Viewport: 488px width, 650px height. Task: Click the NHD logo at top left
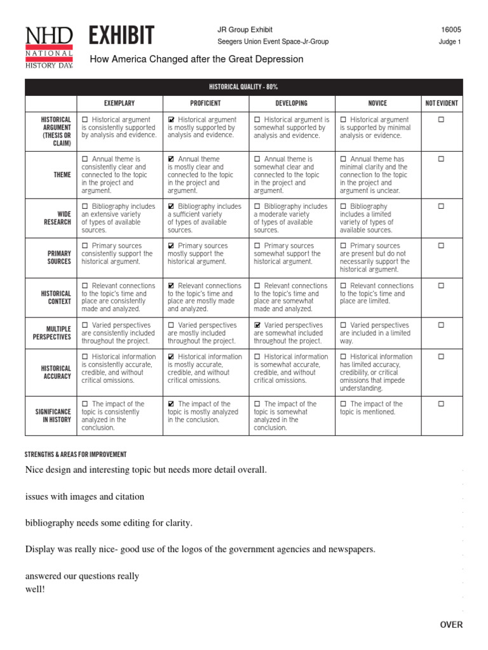click(49, 48)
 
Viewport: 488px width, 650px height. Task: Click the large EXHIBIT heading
click(122, 36)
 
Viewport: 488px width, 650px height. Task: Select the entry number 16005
click(451, 30)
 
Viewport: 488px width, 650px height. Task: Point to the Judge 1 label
click(450, 43)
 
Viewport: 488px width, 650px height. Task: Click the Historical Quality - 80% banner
click(244, 86)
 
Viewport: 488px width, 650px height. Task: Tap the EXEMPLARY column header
click(119, 103)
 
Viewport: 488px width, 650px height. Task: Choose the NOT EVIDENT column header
click(442, 103)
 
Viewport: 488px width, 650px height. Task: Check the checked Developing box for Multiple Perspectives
click(257, 326)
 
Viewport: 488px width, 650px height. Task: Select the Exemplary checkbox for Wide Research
click(85, 207)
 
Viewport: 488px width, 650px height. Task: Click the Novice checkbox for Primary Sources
click(344, 246)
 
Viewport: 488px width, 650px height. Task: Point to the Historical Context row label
click(56, 298)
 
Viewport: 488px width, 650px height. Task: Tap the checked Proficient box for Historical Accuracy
click(172, 357)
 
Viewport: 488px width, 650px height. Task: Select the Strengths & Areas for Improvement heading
click(76, 454)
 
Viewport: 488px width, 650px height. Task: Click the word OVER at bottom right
click(451, 625)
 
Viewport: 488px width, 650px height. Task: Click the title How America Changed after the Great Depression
click(196, 59)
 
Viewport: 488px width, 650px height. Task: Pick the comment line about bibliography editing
click(109, 522)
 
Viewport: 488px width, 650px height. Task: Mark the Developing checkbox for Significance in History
click(257, 404)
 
